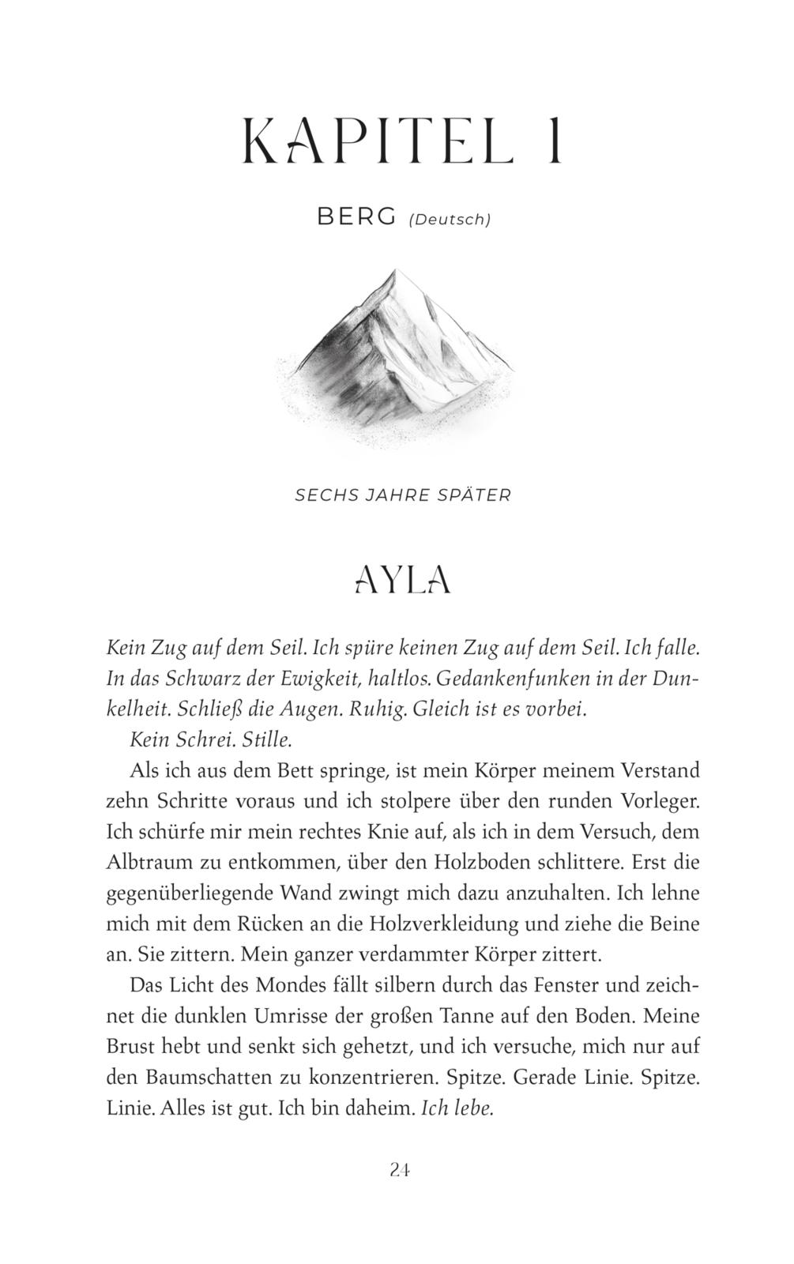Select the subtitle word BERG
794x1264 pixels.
(356, 217)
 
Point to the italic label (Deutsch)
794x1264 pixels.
(450, 220)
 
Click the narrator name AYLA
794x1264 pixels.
(403, 580)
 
